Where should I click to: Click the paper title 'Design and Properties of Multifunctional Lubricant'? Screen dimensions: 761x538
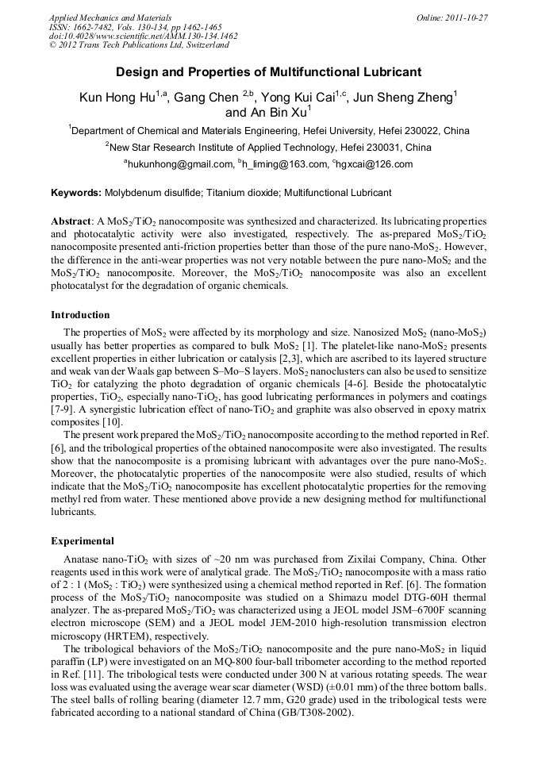tap(268, 72)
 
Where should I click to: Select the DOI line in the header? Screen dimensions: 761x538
tap(143, 36)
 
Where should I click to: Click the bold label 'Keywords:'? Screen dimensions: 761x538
tap(76, 193)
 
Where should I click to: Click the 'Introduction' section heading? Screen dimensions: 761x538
tap(80, 315)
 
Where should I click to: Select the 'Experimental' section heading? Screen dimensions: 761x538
tap(83, 541)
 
